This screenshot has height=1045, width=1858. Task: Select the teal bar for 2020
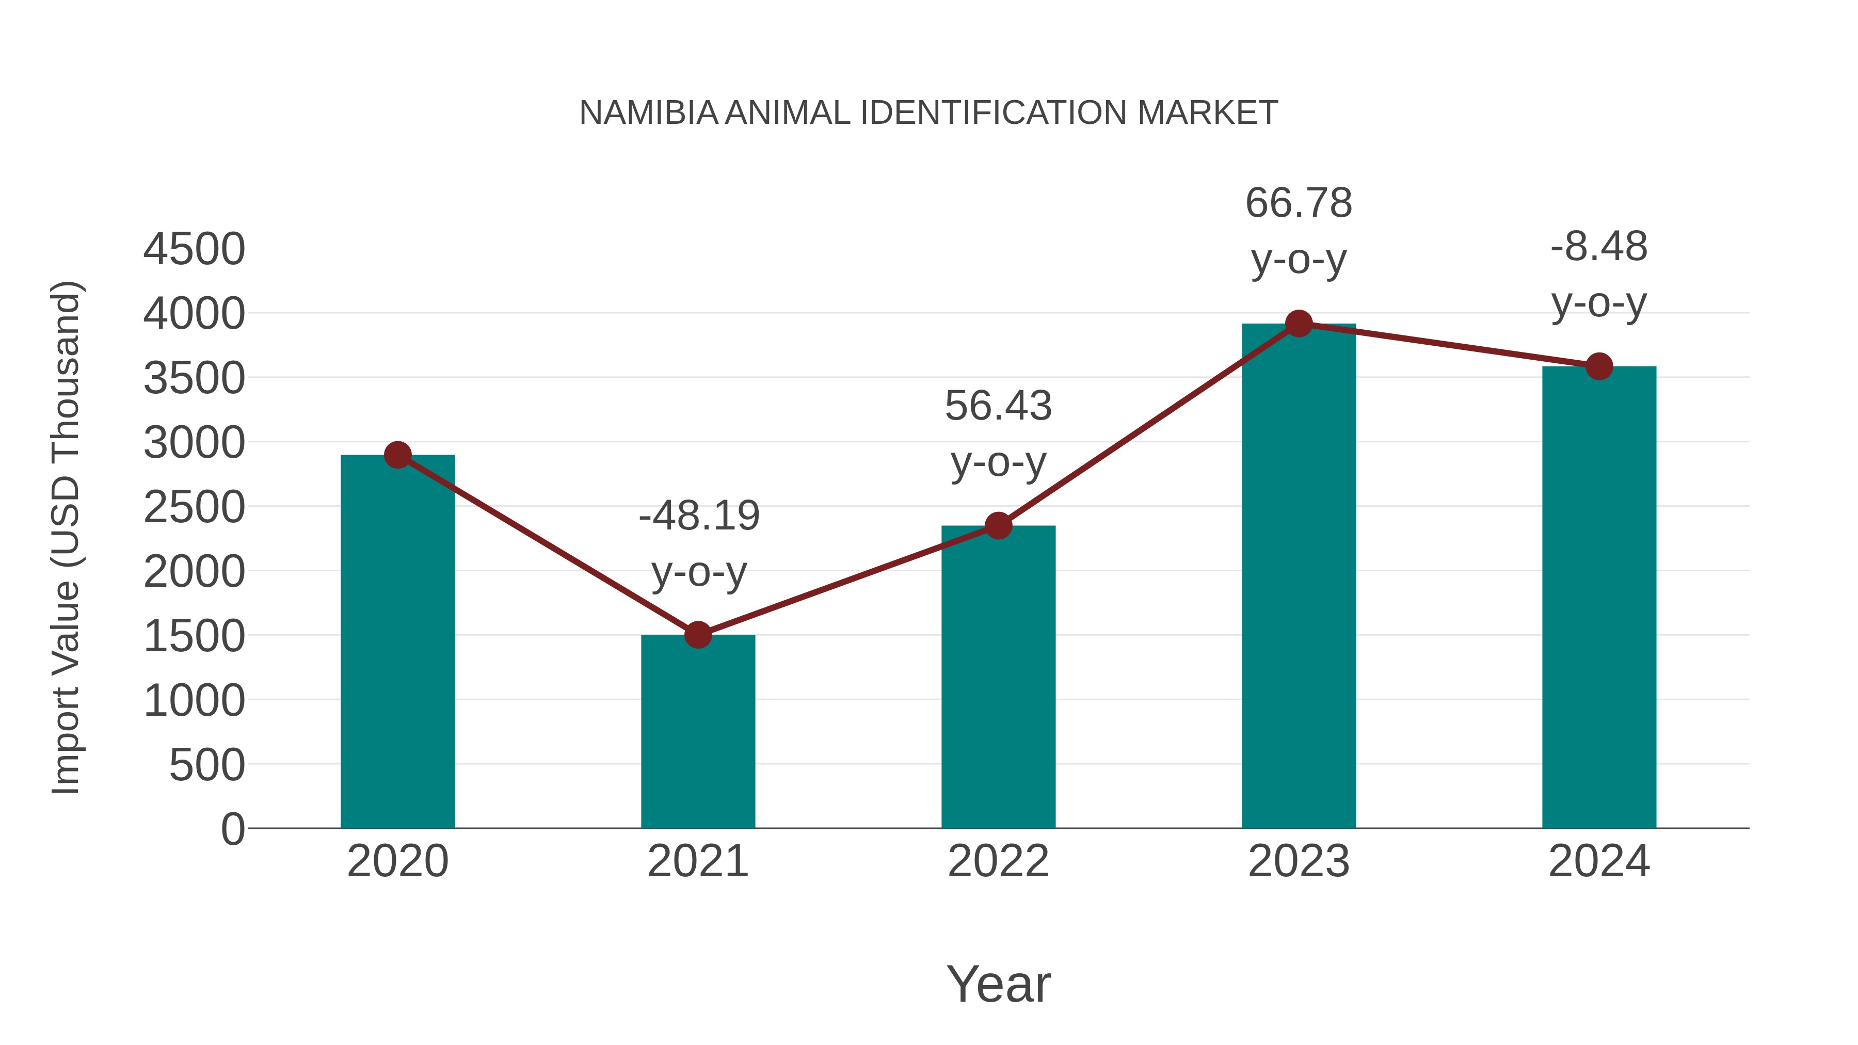tap(397, 642)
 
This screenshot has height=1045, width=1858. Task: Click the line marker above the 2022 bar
tap(998, 526)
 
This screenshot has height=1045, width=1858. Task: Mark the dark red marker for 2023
tap(1299, 324)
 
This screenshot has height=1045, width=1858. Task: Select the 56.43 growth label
tap(998, 406)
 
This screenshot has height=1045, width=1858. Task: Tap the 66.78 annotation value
tap(1299, 203)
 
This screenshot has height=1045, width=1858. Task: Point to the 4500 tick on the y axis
tap(194, 250)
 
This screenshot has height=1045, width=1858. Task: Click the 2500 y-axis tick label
tap(194, 508)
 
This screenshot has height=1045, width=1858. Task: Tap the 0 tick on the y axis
tap(232, 829)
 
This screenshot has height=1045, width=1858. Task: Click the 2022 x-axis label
tap(998, 862)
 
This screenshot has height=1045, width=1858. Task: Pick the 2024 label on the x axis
tap(1598, 862)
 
